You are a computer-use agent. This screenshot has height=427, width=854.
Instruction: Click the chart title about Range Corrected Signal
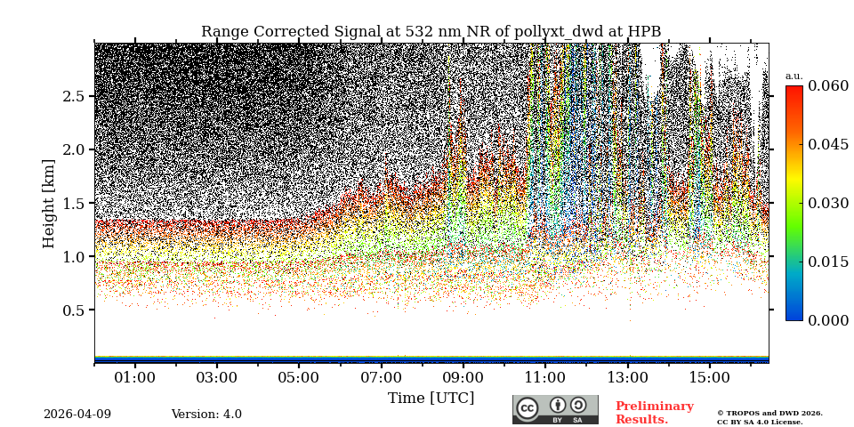(x=431, y=32)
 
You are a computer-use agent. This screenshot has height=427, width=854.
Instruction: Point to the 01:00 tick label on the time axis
(x=135, y=378)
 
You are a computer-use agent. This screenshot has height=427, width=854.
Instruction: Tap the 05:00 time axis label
(x=299, y=378)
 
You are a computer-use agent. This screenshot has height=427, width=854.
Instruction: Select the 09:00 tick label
(x=463, y=378)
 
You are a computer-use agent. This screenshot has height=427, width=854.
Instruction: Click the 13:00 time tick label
(x=627, y=378)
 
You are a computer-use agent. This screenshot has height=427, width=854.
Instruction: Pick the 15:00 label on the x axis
(x=710, y=378)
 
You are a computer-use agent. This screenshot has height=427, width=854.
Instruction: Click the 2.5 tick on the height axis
(x=73, y=96)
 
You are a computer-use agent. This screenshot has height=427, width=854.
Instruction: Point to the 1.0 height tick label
(x=73, y=257)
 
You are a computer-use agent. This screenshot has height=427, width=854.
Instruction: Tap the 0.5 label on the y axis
(x=73, y=310)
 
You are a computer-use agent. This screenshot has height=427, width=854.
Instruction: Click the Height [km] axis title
(x=49, y=203)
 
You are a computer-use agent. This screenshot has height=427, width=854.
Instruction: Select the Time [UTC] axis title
(x=431, y=399)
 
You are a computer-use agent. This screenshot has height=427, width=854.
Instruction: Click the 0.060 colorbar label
(x=827, y=86)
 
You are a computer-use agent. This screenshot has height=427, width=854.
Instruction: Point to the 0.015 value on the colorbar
(x=827, y=262)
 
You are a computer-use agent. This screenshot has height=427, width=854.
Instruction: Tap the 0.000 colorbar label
(x=827, y=320)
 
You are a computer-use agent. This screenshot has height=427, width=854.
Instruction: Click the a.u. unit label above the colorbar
(x=794, y=77)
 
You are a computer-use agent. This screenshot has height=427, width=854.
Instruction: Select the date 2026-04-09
(x=77, y=415)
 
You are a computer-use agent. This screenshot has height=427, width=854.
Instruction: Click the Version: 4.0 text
(x=206, y=415)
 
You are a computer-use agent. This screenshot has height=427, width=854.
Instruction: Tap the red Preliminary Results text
(x=654, y=413)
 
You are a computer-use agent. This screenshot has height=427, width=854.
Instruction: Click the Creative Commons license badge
(x=555, y=409)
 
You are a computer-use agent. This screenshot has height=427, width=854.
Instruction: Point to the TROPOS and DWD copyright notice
(x=769, y=417)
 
